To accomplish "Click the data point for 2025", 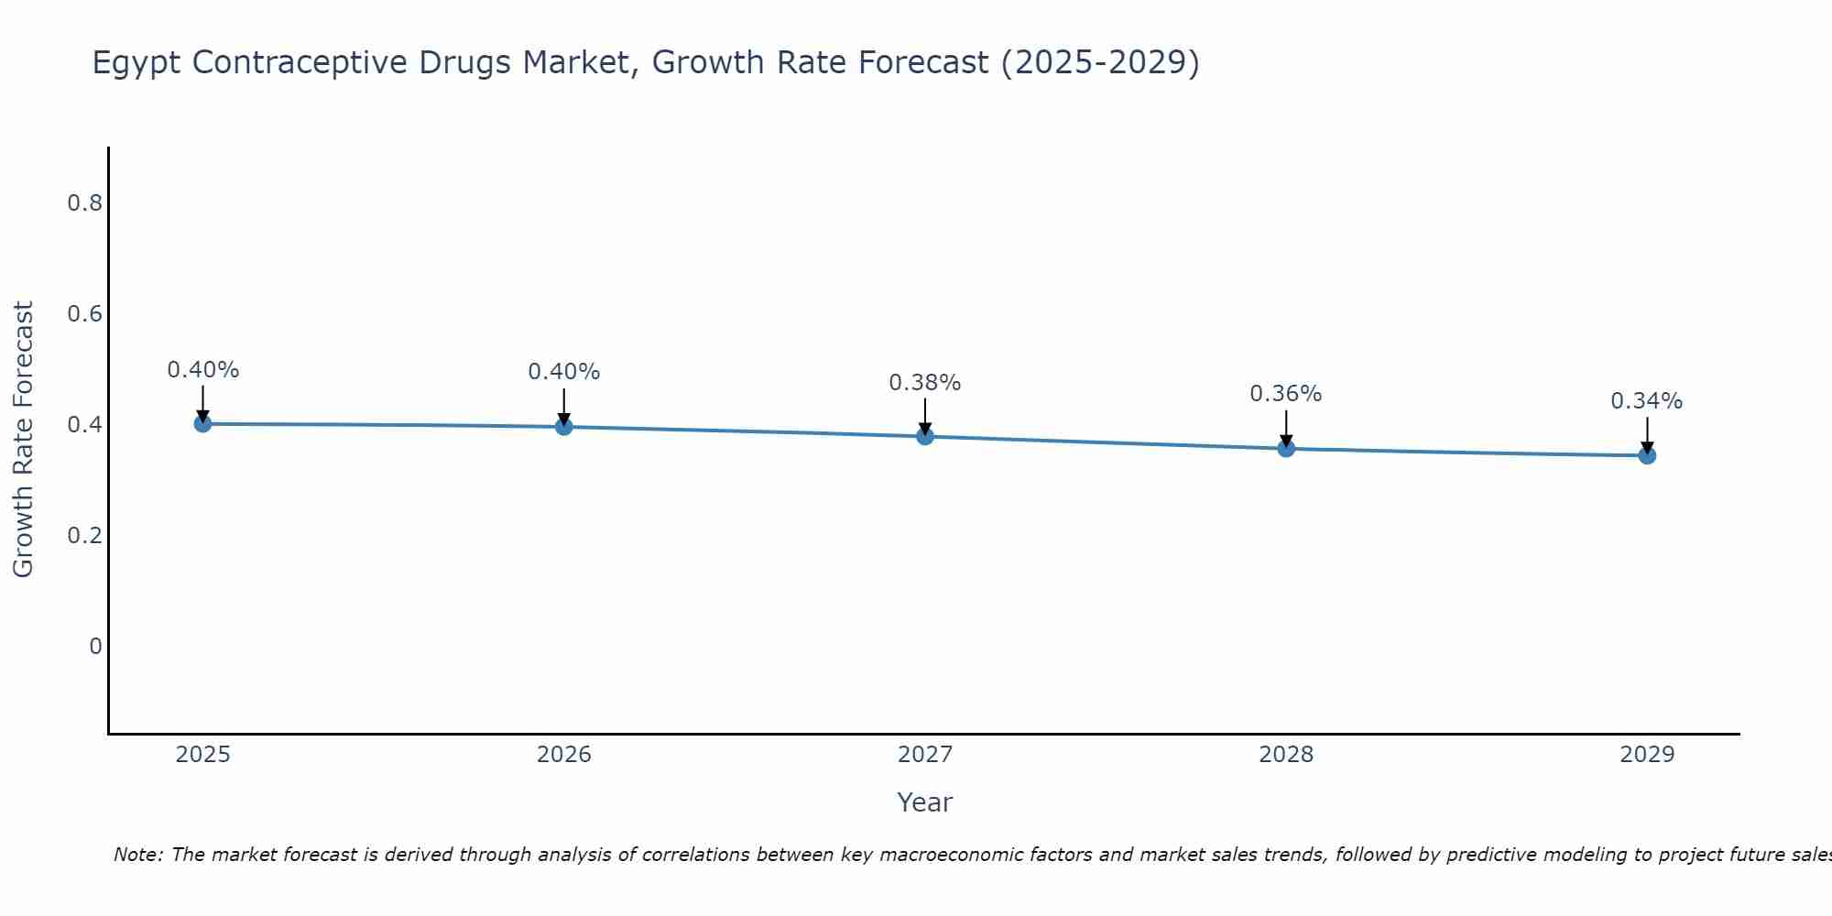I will pyautogui.click(x=202, y=423).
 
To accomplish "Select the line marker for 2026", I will pyautogui.click(x=563, y=426).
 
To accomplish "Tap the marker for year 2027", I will pyautogui.click(x=924, y=436).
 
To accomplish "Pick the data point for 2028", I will pyautogui.click(x=1285, y=448).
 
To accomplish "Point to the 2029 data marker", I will pyautogui.click(x=1646, y=455).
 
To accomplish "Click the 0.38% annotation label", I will pyautogui.click(x=924, y=383).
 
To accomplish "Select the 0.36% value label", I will pyautogui.click(x=1285, y=394).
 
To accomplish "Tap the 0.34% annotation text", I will pyautogui.click(x=1646, y=401).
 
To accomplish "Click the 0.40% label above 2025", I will pyautogui.click(x=202, y=370).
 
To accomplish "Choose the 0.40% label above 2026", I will pyautogui.click(x=563, y=372).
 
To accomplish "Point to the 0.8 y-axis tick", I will pyautogui.click(x=84, y=203).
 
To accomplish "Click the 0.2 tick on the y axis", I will pyautogui.click(x=84, y=536).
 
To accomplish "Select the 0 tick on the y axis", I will pyautogui.click(x=95, y=647).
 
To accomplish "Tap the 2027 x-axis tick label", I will pyautogui.click(x=924, y=755).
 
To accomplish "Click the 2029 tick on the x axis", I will pyautogui.click(x=1646, y=755).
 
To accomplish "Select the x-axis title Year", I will pyautogui.click(x=924, y=802).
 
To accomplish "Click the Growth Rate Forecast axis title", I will pyautogui.click(x=24, y=440).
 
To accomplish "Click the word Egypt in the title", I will pyautogui.click(x=137, y=63).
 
